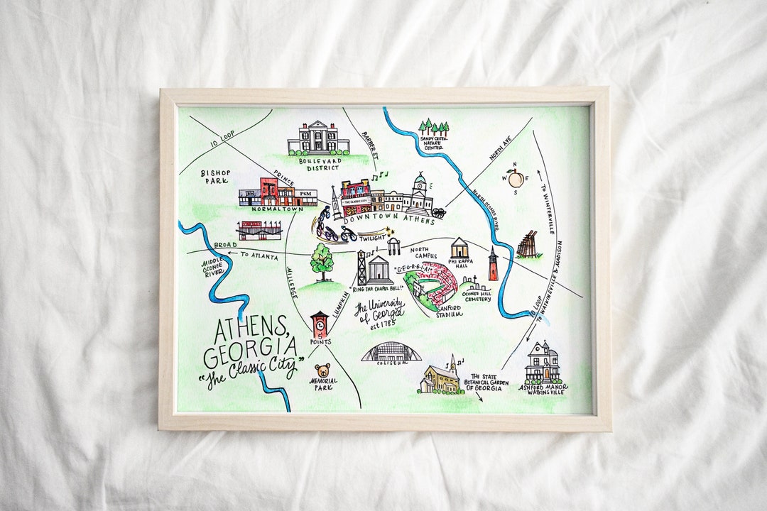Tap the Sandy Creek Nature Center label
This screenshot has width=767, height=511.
[434, 145]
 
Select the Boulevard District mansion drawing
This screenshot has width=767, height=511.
[317, 138]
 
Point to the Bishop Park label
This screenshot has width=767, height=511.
[214, 176]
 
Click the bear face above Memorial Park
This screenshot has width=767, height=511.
[322, 371]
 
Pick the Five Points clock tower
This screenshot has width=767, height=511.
[320, 326]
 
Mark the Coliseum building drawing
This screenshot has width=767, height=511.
[391, 352]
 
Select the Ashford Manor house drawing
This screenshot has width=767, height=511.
[543, 363]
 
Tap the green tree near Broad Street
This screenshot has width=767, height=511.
[322, 260]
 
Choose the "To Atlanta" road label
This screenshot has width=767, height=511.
[259, 255]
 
